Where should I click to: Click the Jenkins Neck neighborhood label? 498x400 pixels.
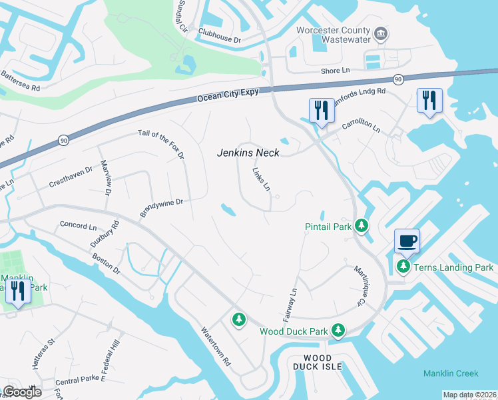[248, 153]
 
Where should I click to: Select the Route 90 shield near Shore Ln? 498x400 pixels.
[397, 79]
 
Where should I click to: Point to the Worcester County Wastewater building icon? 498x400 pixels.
[381, 33]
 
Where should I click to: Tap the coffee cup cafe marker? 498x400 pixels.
[407, 241]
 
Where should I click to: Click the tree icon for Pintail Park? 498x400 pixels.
[362, 227]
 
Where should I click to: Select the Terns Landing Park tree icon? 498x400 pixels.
[403, 267]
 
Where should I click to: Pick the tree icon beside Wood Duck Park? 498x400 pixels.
[339, 330]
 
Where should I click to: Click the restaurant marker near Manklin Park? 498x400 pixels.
[17, 291]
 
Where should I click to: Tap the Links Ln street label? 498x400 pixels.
[262, 179]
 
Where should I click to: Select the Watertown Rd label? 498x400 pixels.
[216, 347]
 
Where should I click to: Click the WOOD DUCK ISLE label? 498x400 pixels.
[318, 362]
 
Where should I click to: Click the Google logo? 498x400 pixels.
[22, 392]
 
